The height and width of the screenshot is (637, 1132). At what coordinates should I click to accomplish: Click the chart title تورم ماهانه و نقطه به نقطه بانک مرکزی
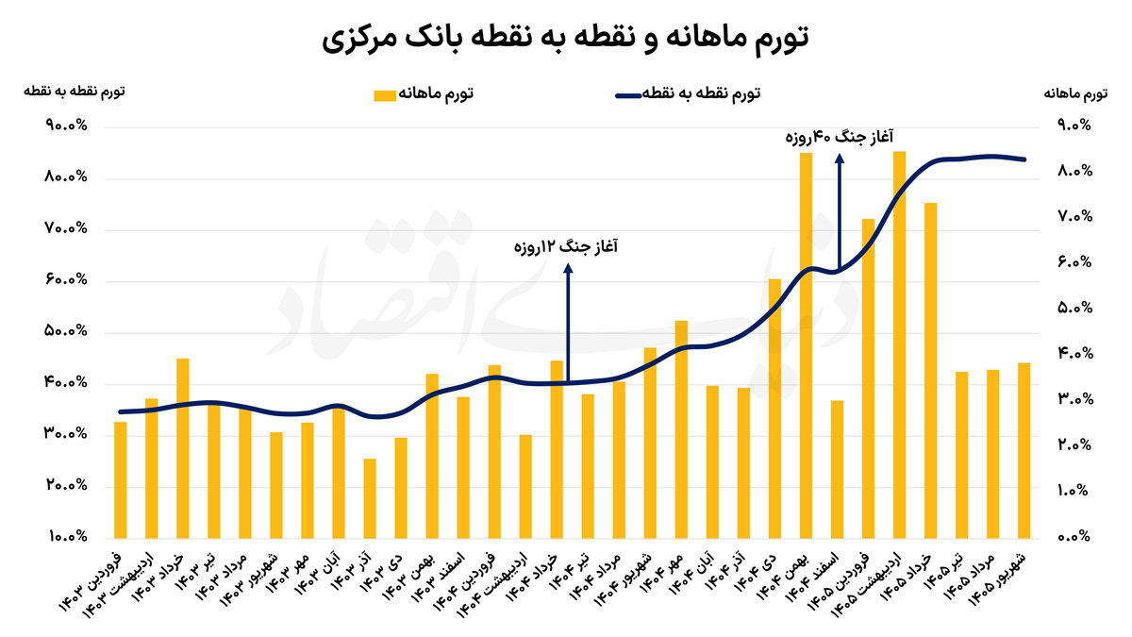pos(565,39)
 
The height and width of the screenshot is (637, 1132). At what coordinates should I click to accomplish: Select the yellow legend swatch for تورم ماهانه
pos(385,95)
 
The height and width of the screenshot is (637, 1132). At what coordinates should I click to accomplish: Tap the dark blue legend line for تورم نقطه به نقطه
pos(628,95)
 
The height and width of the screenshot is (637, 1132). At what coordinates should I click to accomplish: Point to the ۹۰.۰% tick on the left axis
pos(66,125)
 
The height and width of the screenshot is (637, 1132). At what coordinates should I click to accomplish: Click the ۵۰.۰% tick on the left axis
pos(66,331)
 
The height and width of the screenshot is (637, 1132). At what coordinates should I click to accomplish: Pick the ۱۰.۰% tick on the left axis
pos(68,536)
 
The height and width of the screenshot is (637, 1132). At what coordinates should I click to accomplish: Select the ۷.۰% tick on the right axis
pos(1074,217)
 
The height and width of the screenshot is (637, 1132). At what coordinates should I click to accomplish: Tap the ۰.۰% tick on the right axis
pos(1074,536)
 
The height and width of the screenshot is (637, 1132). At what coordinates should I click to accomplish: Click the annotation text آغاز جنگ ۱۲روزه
pos(565,247)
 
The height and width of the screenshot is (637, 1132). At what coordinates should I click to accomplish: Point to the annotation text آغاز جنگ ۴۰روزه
pos(839,137)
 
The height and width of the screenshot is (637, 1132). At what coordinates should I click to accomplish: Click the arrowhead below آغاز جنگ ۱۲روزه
pos(568,268)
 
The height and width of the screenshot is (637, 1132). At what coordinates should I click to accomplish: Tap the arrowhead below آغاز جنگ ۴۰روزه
pos(840,159)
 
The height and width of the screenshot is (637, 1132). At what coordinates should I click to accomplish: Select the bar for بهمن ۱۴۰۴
pos(806,345)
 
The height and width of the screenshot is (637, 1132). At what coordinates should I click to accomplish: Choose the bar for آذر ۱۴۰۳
pos(370,498)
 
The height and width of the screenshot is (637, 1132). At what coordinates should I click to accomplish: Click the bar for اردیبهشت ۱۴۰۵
pos(899,344)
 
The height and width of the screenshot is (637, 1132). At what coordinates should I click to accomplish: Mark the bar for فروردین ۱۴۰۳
pos(121,480)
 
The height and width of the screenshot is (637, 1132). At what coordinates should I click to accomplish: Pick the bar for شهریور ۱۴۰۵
pos(1024,450)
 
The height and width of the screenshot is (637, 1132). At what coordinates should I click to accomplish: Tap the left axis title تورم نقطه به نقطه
pos(75,92)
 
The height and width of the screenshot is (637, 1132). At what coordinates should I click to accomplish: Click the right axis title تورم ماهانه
pos(1075,93)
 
